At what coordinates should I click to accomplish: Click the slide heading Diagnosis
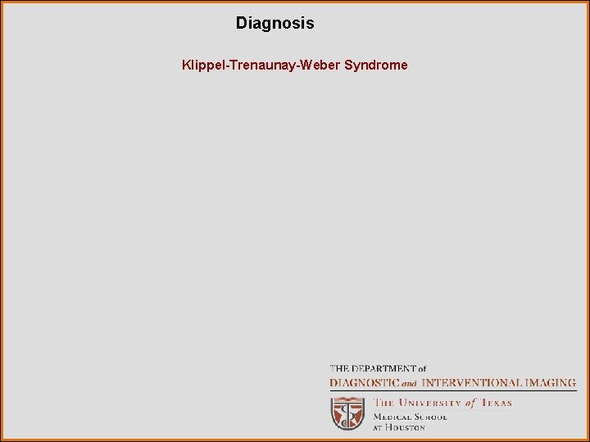coord(275,23)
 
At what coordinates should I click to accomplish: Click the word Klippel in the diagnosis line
coord(200,65)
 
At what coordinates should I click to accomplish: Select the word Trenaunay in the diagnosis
coord(260,65)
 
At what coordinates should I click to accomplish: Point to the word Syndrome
coord(375,65)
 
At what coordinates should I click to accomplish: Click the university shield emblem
coord(347,413)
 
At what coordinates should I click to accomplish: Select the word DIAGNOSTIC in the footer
coord(363,382)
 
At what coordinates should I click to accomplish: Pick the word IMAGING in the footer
coord(550,382)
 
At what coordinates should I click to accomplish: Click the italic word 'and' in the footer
coord(409,383)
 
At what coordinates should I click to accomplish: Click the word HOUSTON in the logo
coord(406,427)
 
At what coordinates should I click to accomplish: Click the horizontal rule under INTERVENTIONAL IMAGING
coord(452,391)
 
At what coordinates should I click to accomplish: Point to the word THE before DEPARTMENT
coord(338,369)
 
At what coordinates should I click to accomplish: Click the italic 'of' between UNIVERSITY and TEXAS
coord(470,403)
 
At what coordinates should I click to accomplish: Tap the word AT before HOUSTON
coord(379,427)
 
